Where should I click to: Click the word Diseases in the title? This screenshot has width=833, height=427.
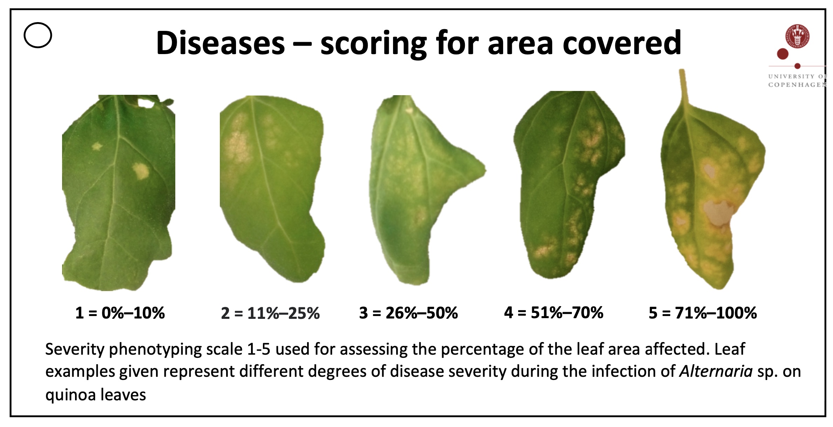pos(221,43)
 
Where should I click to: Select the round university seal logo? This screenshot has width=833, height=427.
pos(798,36)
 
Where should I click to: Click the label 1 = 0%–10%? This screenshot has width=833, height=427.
pos(120,313)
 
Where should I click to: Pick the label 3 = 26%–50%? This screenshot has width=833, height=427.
pos(408,313)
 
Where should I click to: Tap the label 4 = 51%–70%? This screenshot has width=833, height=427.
pos(554,313)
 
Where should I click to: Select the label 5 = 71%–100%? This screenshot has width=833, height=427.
pos(703,313)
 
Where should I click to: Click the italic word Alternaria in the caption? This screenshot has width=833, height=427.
pos(716,371)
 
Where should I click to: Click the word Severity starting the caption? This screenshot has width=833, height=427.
pos(75,350)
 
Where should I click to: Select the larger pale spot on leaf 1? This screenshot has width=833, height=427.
pos(141,171)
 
